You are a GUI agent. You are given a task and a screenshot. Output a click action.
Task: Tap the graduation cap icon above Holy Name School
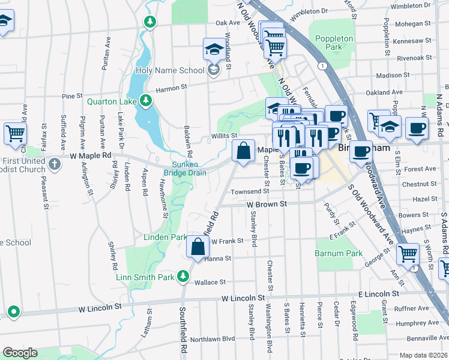(x=213, y=49)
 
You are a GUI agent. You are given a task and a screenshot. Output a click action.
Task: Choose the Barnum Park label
(x=339, y=253)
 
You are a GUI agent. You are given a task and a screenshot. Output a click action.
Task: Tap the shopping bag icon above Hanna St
(x=197, y=246)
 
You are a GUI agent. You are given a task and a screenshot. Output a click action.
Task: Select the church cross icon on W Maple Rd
(x=55, y=163)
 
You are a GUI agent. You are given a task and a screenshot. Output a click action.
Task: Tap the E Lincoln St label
(x=381, y=295)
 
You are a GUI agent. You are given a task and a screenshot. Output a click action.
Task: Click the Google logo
(x=20, y=353)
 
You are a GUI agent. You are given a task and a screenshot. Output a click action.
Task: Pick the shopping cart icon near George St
(x=408, y=253)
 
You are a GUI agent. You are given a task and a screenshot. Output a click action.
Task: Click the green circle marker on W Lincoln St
(x=13, y=312)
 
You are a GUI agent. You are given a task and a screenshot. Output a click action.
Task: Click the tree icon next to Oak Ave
(x=150, y=22)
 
